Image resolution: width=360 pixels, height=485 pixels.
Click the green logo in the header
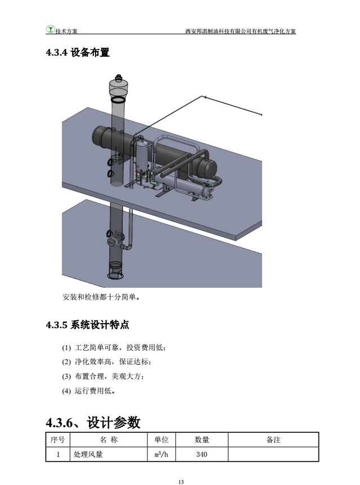point(51,29)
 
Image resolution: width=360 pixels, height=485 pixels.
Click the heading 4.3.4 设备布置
point(78,52)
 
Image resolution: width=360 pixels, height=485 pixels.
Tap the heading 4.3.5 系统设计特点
point(87,325)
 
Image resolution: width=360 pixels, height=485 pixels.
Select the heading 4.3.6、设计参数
point(93,423)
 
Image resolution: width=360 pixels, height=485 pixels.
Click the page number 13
point(181,482)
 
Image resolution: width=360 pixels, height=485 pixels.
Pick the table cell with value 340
point(201,455)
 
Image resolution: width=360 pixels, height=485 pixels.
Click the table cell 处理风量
point(109,455)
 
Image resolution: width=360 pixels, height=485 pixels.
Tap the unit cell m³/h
point(161,455)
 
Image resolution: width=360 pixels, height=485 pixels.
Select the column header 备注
point(273,439)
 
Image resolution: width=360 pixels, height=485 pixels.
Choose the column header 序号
point(57,439)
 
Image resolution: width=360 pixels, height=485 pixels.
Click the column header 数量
point(201,439)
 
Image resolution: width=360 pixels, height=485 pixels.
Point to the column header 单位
point(161,439)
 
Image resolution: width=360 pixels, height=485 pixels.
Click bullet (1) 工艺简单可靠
point(114,348)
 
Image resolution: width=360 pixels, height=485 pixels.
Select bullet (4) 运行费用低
point(89,391)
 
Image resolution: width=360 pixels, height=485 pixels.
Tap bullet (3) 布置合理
point(103,377)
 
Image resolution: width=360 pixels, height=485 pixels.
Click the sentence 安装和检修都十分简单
point(101,297)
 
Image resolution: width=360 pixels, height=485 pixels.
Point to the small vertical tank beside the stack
point(142,155)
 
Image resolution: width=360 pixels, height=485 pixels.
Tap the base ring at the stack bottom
point(115,275)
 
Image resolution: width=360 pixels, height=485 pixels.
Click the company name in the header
point(241,31)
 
